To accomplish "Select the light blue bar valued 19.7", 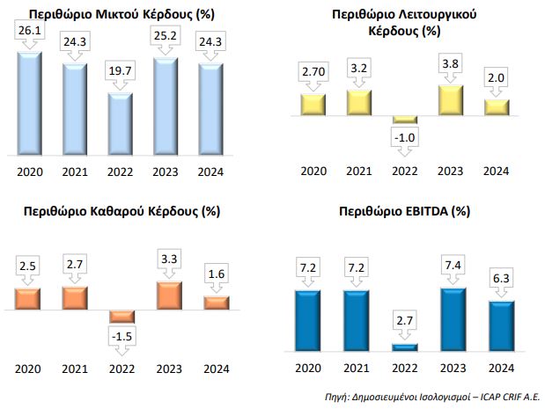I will point(120,122).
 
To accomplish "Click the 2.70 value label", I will point(313,70).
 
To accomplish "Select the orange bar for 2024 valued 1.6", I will point(215,303).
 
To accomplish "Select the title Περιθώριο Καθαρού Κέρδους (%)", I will point(121,211).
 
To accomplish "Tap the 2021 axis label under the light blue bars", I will point(73,171).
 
